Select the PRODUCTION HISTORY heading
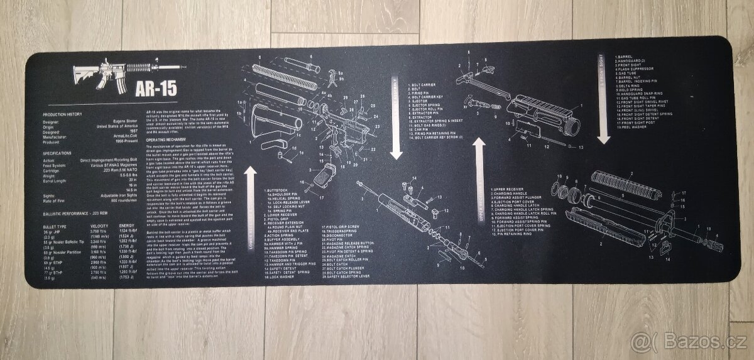tap(62, 115)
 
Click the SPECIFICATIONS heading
tap(58, 153)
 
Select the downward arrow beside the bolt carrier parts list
tap(396, 119)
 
